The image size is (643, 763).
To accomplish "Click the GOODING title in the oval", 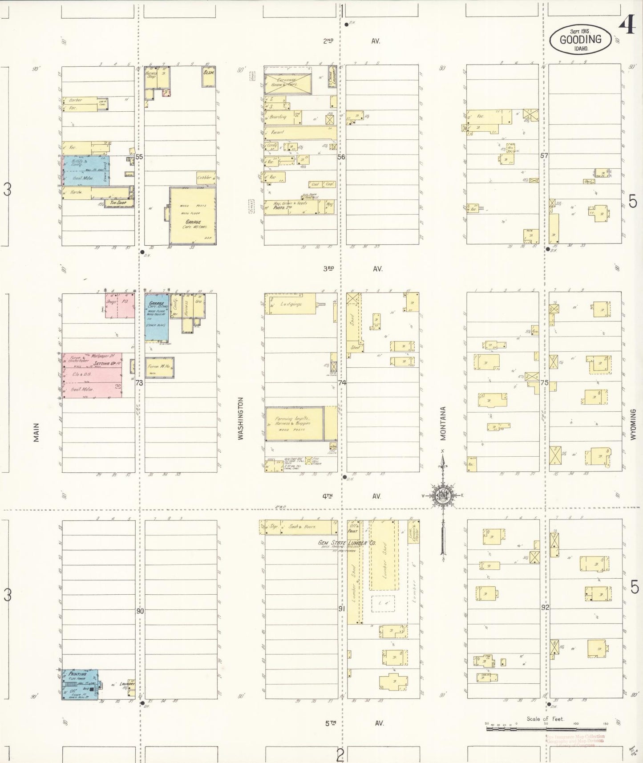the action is tap(580, 39).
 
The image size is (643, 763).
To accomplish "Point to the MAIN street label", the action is tap(36, 432).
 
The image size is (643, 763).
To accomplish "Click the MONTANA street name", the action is tap(443, 423).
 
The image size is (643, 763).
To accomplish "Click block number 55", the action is tap(139, 157).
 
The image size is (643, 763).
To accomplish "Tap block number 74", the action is tap(342, 382).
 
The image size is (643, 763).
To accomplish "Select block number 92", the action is tap(545, 607).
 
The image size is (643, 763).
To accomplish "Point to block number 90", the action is tap(140, 611).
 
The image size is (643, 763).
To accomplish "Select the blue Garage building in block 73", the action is tap(157, 317).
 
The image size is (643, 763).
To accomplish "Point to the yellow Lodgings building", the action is tap(290, 304).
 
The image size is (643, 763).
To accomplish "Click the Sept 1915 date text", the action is tap(580, 32).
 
